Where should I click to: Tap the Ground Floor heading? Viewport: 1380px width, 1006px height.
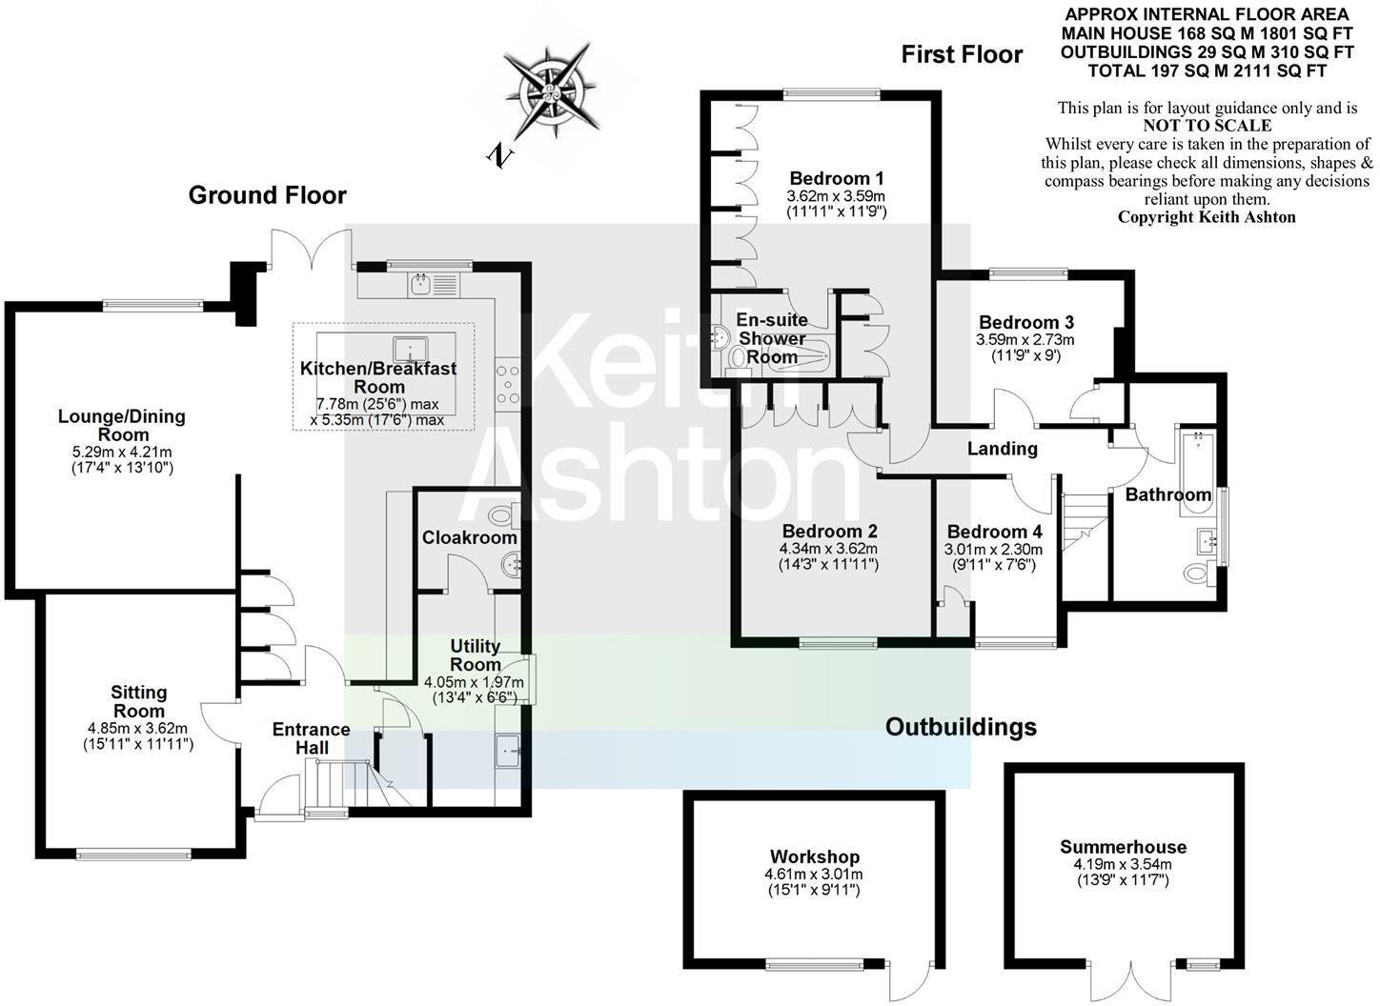(267, 195)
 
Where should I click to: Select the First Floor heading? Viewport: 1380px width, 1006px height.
(962, 55)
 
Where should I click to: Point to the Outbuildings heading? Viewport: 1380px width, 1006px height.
(961, 728)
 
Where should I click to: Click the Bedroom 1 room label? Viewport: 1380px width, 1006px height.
(837, 178)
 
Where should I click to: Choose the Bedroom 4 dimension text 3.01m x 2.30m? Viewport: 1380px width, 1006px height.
(993, 550)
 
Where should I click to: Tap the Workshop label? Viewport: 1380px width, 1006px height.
(815, 856)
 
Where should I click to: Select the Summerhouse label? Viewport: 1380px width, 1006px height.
(1123, 847)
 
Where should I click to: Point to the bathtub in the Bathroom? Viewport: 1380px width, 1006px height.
(1193, 473)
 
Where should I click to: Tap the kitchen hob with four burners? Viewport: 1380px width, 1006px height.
(507, 385)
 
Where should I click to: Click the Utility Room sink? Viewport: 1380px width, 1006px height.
(508, 750)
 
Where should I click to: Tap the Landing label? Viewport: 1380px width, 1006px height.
(1002, 449)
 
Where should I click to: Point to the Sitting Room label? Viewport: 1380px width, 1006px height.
(138, 701)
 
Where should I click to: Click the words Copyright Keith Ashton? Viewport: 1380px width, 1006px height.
(1207, 217)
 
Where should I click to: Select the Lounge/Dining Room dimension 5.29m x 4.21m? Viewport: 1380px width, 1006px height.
(122, 452)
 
